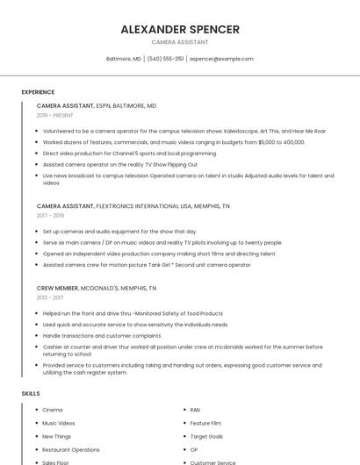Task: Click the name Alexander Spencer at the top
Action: tap(180, 29)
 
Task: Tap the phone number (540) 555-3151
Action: tap(165, 59)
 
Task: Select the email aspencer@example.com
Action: tap(221, 59)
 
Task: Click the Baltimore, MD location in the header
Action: tap(123, 59)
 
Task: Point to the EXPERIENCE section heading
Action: tap(38, 92)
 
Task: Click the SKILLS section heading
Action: tap(31, 394)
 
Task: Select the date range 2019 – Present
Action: tap(55, 115)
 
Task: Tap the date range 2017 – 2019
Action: tap(50, 215)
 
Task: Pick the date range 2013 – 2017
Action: tap(50, 297)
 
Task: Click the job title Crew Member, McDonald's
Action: tap(97, 288)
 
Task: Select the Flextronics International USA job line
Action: tap(133, 205)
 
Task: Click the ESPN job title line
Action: tap(96, 105)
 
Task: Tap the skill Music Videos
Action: tap(59, 423)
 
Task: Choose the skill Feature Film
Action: tap(205, 423)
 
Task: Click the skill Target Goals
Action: tap(206, 436)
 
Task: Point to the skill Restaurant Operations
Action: tap(70, 449)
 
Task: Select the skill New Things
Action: tap(56, 436)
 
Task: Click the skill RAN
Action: tap(195, 410)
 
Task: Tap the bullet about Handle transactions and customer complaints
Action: tap(102, 335)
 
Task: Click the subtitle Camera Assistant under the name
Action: tap(180, 42)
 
